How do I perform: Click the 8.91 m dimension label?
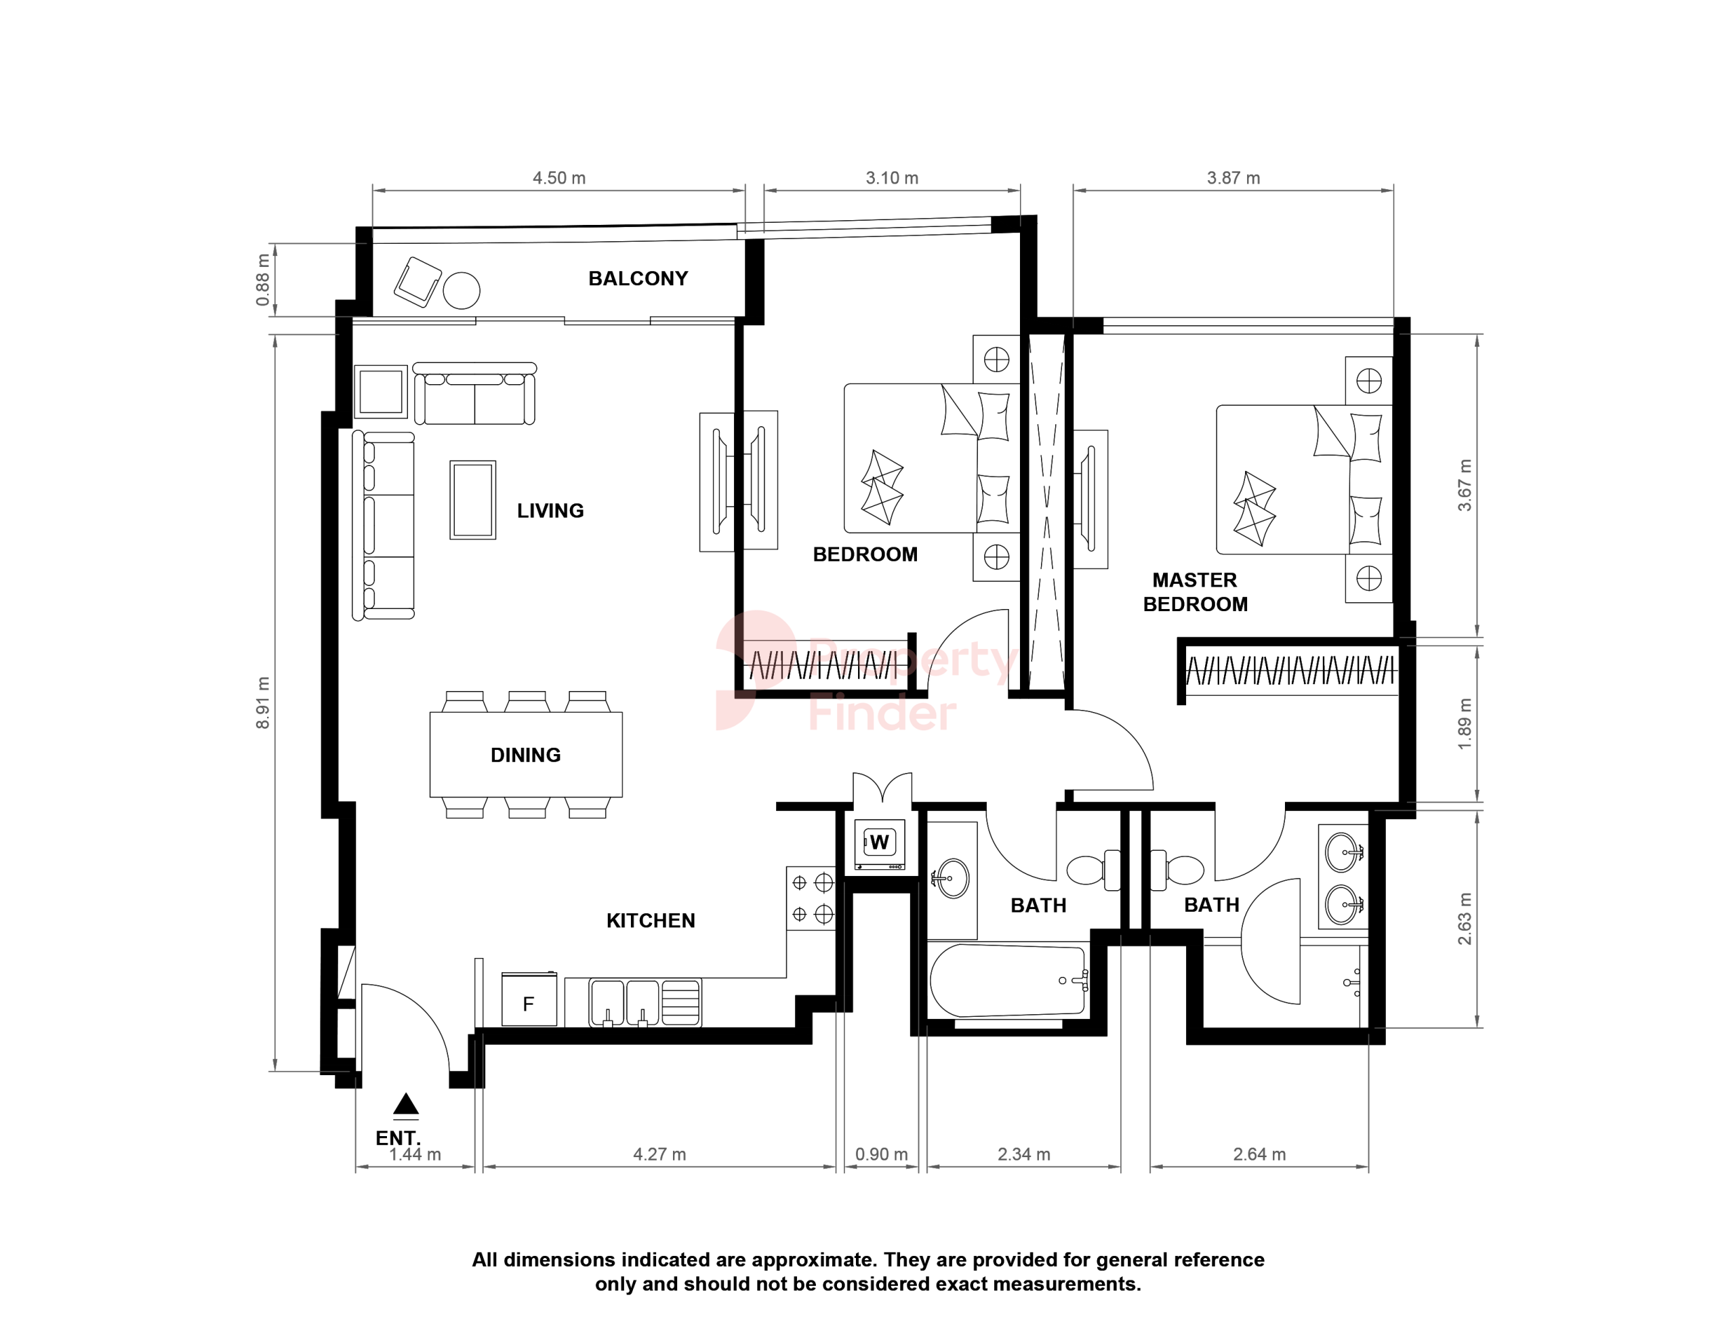pyautogui.click(x=263, y=703)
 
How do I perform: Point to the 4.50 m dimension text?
pyautogui.click(x=558, y=178)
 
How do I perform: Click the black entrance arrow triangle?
pyautogui.click(x=406, y=1104)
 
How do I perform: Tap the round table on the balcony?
pyautogui.click(x=462, y=290)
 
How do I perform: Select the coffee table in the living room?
pyautogui.click(x=472, y=499)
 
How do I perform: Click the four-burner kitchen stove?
pyautogui.click(x=811, y=898)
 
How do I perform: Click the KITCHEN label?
pyautogui.click(x=651, y=921)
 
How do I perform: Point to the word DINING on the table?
pyautogui.click(x=526, y=755)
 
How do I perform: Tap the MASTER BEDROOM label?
pyautogui.click(x=1195, y=592)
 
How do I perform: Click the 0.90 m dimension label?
pyautogui.click(x=881, y=1154)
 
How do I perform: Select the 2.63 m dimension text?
pyautogui.click(x=1465, y=919)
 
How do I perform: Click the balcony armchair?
pyautogui.click(x=418, y=281)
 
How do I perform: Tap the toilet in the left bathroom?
pyautogui.click(x=1094, y=870)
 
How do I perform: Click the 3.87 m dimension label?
pyautogui.click(x=1233, y=178)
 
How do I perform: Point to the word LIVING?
pyautogui.click(x=550, y=511)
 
